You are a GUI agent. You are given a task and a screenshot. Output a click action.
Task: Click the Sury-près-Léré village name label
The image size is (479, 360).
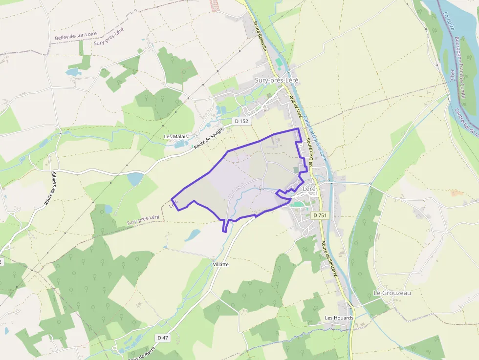(x=276, y=80)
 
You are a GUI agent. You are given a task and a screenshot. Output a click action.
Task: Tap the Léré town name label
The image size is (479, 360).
(x=309, y=188)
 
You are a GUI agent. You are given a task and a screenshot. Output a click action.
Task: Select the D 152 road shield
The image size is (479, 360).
(x=242, y=121)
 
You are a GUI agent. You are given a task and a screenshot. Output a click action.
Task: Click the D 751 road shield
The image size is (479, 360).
(x=320, y=215)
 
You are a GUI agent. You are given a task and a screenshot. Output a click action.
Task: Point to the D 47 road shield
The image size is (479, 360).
(x=163, y=338)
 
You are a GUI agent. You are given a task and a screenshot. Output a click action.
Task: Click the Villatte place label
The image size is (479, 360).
(x=221, y=264)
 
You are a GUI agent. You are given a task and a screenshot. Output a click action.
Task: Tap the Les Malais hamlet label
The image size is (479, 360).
(x=176, y=137)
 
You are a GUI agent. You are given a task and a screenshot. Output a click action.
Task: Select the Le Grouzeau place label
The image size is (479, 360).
(x=392, y=293)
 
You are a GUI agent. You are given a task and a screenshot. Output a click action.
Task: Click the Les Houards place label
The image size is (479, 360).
(x=339, y=318)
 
